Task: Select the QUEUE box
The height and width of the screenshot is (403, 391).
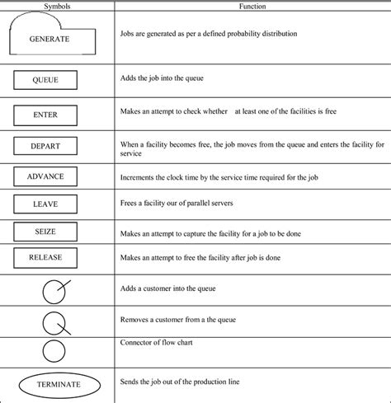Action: (46, 80)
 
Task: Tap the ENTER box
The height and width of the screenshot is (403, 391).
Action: (46, 115)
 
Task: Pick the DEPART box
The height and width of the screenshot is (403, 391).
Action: (46, 146)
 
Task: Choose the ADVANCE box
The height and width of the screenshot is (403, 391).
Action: (46, 176)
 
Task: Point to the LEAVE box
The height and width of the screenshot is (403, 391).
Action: (46, 204)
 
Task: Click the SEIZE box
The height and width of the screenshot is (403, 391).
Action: (46, 232)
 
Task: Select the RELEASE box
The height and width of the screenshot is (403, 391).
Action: (46, 258)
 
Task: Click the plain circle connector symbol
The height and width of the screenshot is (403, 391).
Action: (54, 351)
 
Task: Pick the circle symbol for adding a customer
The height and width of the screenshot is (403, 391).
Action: (54, 290)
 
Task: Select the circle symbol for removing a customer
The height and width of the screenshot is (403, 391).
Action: (54, 321)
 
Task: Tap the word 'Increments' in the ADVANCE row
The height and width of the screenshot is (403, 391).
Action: (136, 176)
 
